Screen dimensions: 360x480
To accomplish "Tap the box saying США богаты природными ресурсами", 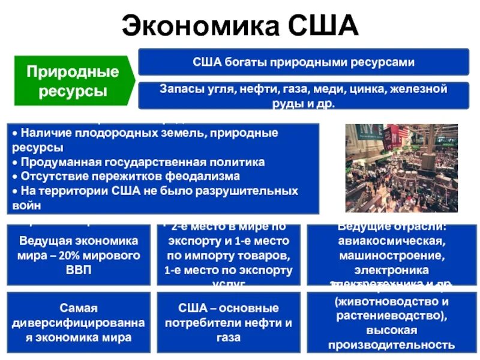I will coord(304,62).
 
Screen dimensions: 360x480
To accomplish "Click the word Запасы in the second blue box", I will coord(179,89).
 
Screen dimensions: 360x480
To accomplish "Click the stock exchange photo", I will coord(401,169).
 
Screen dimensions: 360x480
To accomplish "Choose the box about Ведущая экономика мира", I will coord(79,255).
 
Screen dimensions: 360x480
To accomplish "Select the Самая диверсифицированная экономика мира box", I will coord(79,322).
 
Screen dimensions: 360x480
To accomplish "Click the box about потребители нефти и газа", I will coord(228,322).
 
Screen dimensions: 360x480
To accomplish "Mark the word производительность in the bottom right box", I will coord(391,344).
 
